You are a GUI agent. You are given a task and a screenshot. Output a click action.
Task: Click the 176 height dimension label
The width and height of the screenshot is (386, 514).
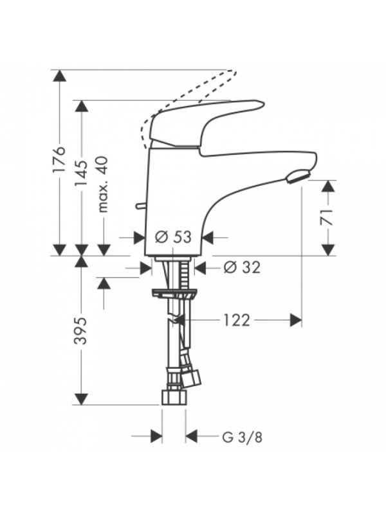[59, 159]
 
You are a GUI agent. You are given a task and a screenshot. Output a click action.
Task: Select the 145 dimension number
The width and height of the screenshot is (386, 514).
[82, 173]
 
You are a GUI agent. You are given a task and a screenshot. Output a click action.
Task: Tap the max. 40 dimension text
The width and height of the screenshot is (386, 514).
[104, 184]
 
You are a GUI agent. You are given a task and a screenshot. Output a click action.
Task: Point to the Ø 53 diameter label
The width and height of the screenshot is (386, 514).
[173, 236]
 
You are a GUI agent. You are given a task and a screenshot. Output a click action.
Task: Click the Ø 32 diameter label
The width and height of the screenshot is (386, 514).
[242, 267]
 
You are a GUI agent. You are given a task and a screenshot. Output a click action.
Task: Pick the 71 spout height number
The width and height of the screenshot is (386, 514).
[327, 217]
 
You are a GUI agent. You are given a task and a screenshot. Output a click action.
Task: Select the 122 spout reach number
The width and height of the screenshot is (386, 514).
[237, 320]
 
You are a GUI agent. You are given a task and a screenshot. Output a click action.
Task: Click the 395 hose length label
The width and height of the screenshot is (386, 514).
[81, 330]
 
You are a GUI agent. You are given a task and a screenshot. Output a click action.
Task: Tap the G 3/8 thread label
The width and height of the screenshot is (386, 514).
[243, 438]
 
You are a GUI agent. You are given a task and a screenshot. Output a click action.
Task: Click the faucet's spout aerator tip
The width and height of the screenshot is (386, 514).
[298, 175]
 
